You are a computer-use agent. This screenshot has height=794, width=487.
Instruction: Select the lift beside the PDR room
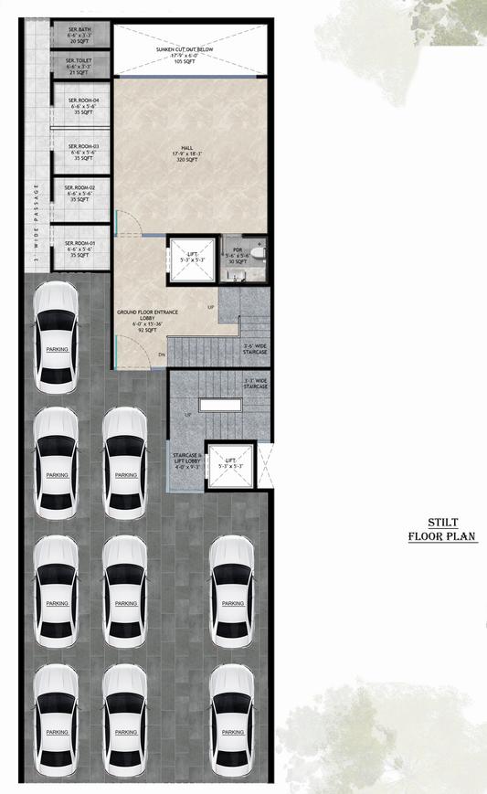click(x=192, y=259)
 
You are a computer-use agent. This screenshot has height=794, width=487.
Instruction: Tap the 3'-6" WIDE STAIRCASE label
click(x=255, y=348)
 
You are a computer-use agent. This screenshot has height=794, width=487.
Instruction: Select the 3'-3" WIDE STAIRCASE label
click(x=255, y=385)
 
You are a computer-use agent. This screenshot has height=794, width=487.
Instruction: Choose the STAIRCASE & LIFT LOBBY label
click(x=186, y=459)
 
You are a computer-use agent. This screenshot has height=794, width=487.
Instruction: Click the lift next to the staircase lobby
click(x=231, y=467)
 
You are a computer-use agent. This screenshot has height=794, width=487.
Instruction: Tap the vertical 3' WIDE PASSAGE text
click(x=36, y=223)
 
